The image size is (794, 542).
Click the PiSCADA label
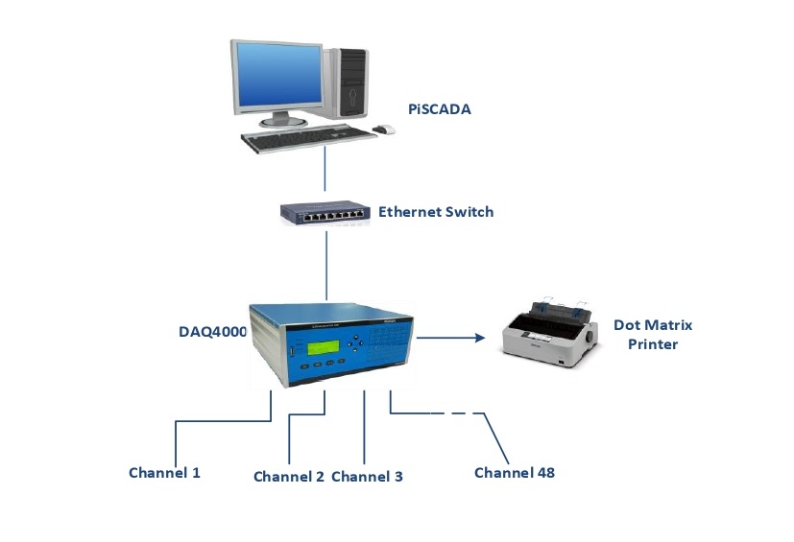439,110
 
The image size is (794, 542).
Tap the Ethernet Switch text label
436,211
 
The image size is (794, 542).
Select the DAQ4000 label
212,332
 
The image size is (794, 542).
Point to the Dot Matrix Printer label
653,334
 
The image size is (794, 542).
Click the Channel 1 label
164,472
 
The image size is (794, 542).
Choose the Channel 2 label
289,476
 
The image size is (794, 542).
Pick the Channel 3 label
367,476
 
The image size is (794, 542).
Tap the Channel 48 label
515,472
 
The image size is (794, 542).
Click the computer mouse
384,129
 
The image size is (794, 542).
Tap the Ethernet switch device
325,213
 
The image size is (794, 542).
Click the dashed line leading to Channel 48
446,413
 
